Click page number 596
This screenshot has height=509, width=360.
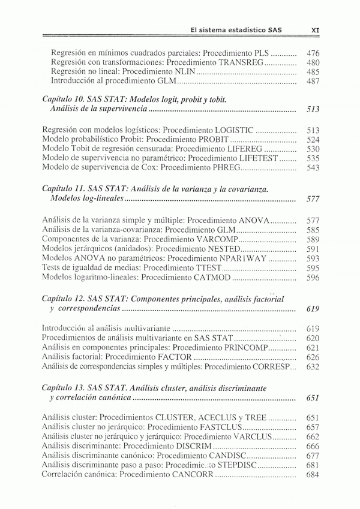point(313,278)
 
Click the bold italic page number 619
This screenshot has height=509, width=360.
point(313,309)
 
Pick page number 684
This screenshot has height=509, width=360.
point(313,475)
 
